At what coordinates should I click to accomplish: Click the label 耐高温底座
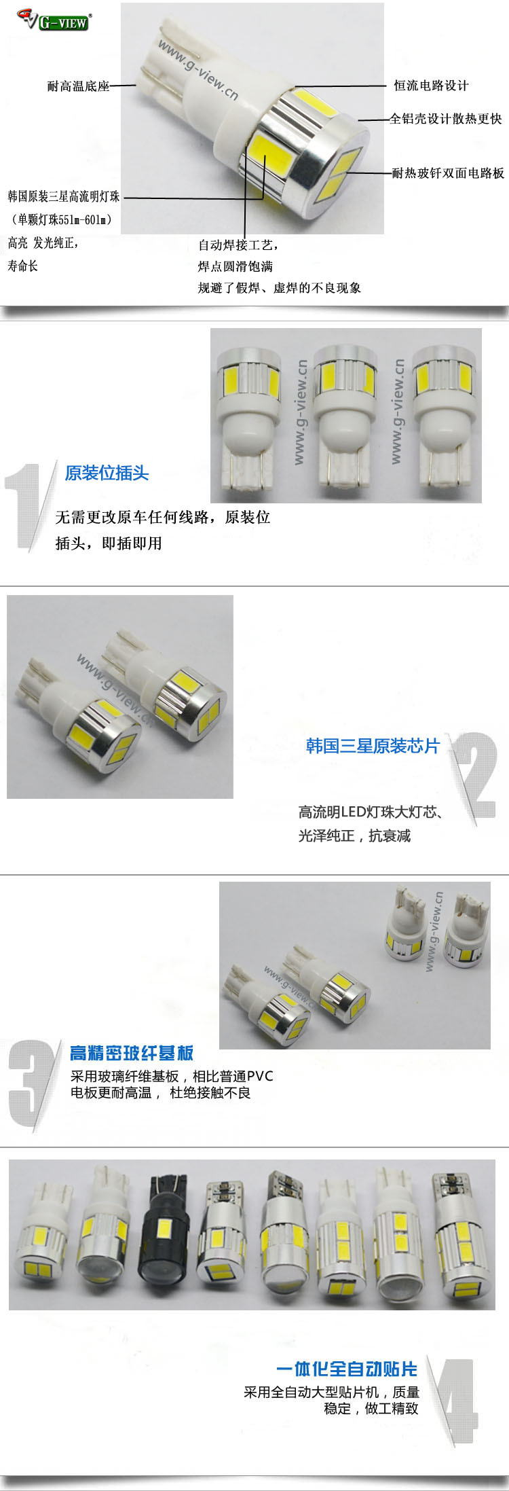(78, 86)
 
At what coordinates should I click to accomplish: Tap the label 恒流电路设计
(431, 86)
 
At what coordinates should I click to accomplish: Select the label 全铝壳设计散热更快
(446, 119)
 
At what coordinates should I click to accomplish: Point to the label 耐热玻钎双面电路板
(449, 173)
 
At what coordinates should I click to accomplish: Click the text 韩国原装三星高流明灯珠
(64, 196)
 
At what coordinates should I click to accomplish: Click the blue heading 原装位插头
(107, 473)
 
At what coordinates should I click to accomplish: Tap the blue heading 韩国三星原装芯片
(373, 746)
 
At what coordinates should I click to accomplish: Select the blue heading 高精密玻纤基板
(132, 1053)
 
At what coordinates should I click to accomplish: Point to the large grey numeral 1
(28, 506)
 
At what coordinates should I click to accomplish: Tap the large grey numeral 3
(31, 1084)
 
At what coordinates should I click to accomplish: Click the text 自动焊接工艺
(237, 245)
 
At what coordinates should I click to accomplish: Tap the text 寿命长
(23, 266)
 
